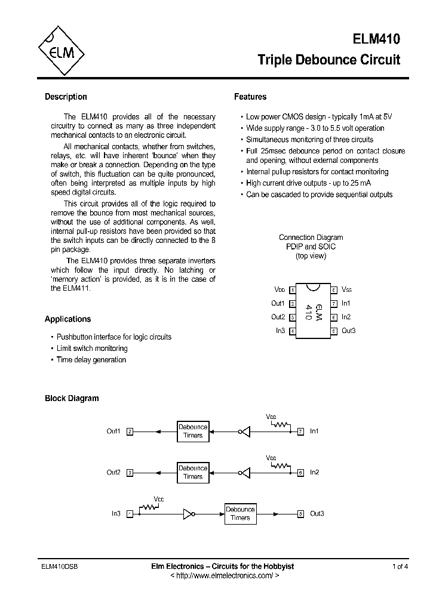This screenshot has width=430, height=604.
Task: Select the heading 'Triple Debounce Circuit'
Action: [328, 60]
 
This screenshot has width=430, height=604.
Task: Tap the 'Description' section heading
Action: [66, 97]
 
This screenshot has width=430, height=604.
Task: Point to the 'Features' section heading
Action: [250, 97]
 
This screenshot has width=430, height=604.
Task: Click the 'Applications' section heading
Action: [68, 319]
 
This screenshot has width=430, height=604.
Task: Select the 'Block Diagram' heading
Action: [72, 398]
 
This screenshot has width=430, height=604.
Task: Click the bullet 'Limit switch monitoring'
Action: [92, 348]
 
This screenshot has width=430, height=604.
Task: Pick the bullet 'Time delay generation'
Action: [91, 360]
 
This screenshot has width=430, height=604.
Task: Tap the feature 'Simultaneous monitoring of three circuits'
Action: [309, 139]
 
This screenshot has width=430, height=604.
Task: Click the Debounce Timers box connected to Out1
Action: [193, 431]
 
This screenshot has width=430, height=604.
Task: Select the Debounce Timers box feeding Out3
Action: [240, 513]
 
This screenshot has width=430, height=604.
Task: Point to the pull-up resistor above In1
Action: [279, 424]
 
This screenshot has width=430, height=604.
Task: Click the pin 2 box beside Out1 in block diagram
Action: [130, 431]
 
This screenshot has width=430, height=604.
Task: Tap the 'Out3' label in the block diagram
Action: [317, 513]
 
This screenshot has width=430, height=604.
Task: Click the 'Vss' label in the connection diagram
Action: [347, 289]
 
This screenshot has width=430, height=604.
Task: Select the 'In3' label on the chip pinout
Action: [280, 331]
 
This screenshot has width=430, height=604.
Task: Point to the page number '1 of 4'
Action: [400, 566]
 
